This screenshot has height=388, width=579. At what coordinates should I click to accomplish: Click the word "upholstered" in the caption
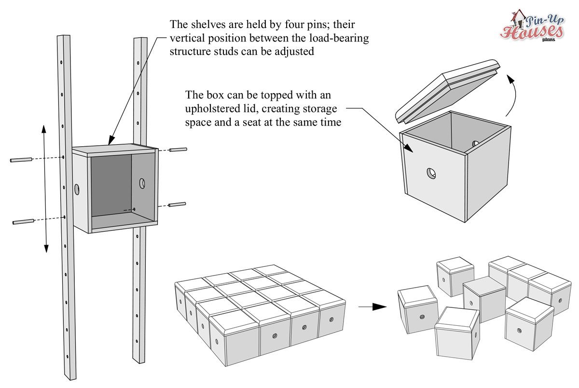tap(209, 109)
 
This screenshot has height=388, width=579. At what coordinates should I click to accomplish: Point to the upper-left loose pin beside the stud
tap(21, 159)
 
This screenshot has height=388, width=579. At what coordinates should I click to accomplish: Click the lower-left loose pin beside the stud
tap(22, 222)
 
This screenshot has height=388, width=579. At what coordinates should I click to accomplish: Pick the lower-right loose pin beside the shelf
tap(178, 205)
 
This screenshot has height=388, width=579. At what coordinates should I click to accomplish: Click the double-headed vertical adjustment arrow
tap(44, 188)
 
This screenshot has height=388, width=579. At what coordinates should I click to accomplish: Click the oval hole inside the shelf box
tap(142, 183)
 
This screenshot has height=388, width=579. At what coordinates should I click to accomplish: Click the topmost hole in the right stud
tap(138, 63)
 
